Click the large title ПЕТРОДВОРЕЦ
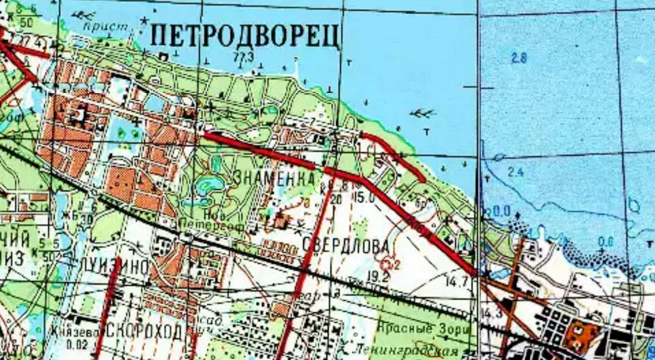click(245, 35)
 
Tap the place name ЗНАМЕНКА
click(275, 177)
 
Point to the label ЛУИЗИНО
click(116, 267)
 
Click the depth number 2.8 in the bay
click(519, 58)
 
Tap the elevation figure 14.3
click(492, 314)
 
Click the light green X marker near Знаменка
click(311, 189)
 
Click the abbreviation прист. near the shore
click(98, 26)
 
